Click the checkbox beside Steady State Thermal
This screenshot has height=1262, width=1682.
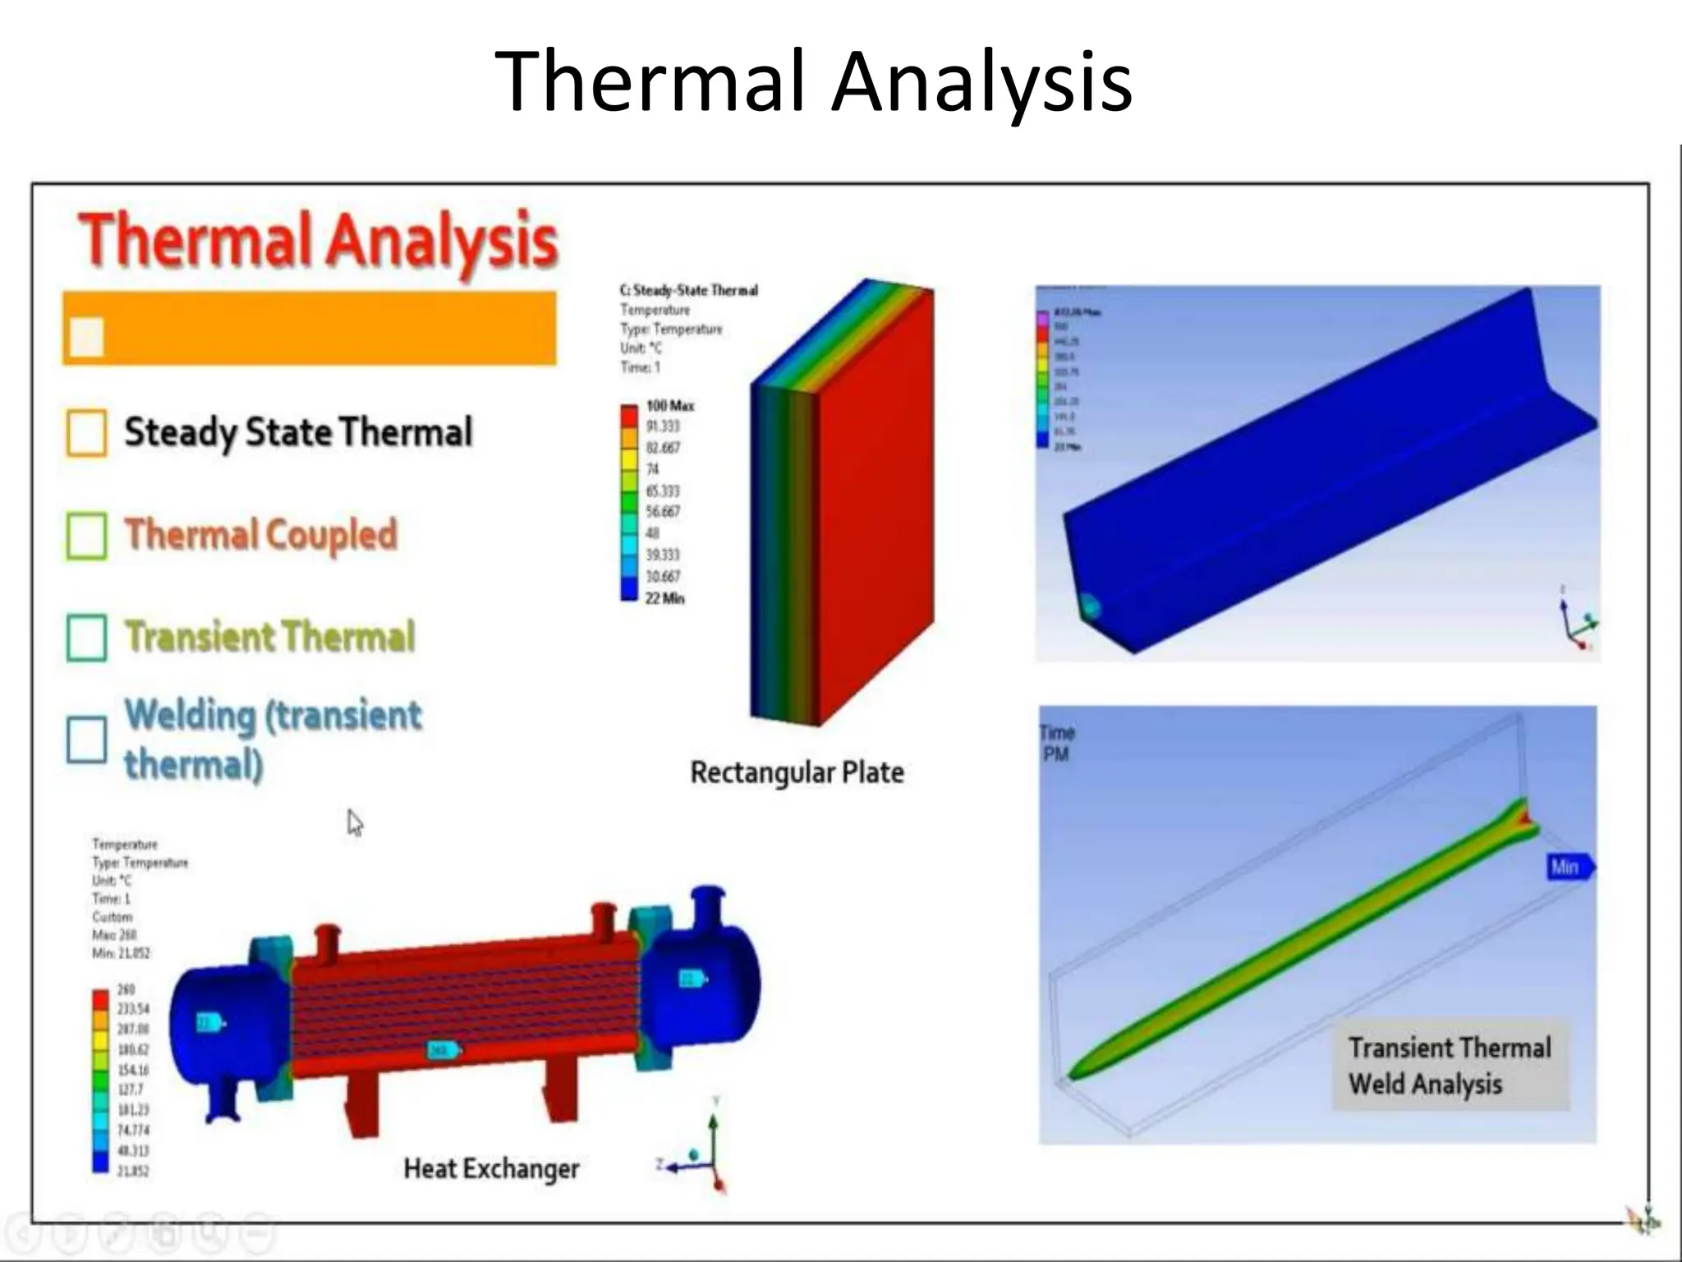pyautogui.click(x=86, y=433)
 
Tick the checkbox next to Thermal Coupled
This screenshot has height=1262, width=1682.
pyautogui.click(x=86, y=536)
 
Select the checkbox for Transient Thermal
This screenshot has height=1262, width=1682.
pyautogui.click(x=86, y=638)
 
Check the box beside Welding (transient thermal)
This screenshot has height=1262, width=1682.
pyautogui.click(x=86, y=739)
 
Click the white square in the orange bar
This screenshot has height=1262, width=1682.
pyautogui.click(x=86, y=336)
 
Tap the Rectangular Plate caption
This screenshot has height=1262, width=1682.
pyautogui.click(x=797, y=772)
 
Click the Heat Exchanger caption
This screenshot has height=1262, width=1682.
pyautogui.click(x=491, y=1168)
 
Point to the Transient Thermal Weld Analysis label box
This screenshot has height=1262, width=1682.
pyautogui.click(x=1450, y=1066)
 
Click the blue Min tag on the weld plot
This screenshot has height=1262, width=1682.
pyautogui.click(x=1568, y=867)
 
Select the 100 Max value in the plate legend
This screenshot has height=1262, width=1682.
pyautogui.click(x=669, y=406)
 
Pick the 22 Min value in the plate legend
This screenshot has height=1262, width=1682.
pyautogui.click(x=664, y=598)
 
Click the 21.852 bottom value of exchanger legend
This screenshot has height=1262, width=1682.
pyautogui.click(x=133, y=1171)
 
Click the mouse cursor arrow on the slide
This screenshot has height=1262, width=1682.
pyautogui.click(x=354, y=822)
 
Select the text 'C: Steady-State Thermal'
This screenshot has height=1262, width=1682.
pyautogui.click(x=688, y=291)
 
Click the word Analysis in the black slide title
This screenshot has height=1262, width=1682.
pyautogui.click(x=981, y=82)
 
